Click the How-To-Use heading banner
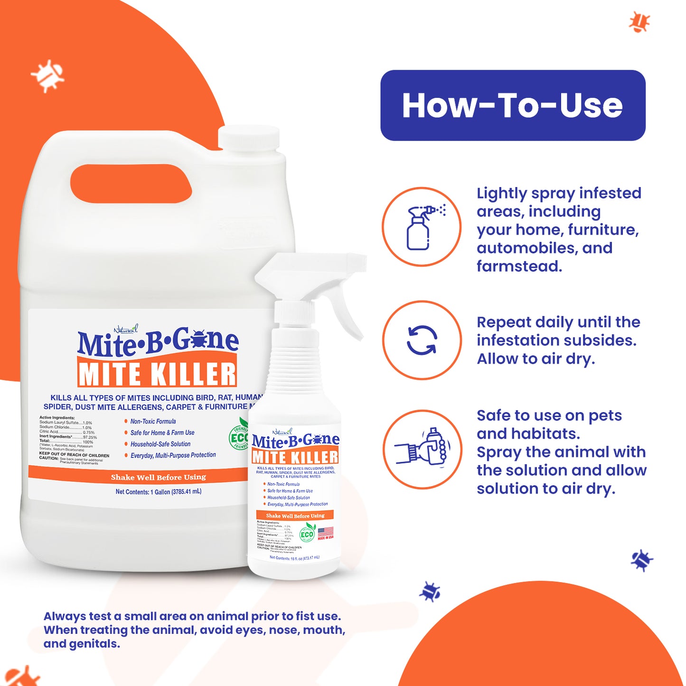512,105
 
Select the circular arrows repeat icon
422,340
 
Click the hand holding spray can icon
422,448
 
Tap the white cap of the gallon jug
248,138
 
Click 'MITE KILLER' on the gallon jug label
157,374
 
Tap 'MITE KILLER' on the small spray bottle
295,457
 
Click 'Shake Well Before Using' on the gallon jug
158,477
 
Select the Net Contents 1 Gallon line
158,492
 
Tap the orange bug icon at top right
639,21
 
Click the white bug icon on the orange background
47,75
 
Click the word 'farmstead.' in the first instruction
519,267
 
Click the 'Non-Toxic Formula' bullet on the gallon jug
152,422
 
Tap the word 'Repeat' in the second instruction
504,322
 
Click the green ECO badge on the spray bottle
307,534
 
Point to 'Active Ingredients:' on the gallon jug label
57,418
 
